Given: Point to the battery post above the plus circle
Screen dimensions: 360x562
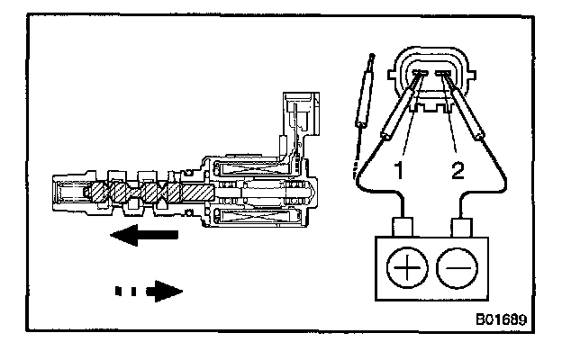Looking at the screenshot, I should tap(402, 224).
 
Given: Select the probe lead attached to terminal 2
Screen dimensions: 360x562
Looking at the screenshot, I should tap(467, 112).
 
